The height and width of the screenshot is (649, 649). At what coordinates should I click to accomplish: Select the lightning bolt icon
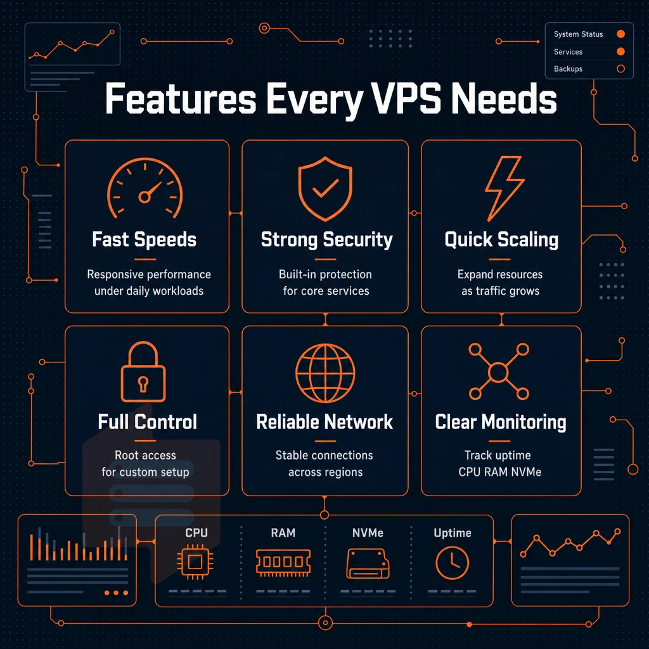click(x=504, y=188)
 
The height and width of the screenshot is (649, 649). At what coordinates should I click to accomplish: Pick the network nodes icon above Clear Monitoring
click(x=499, y=371)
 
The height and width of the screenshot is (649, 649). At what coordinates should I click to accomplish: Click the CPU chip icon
click(x=195, y=562)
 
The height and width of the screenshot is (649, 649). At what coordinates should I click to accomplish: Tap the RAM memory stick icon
click(x=283, y=563)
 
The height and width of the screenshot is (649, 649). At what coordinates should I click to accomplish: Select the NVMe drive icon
click(x=368, y=563)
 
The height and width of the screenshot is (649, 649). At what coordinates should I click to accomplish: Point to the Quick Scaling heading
click(x=501, y=240)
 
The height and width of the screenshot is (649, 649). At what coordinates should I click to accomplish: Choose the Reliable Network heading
click(x=324, y=421)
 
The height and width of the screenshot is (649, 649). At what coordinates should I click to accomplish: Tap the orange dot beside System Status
click(x=620, y=34)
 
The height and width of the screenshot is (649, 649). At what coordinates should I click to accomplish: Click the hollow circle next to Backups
click(x=620, y=68)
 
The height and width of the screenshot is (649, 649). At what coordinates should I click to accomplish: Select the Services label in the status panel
click(x=568, y=52)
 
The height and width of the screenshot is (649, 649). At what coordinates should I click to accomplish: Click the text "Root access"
click(x=145, y=455)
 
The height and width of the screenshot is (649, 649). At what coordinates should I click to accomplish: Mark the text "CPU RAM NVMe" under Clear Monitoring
click(x=499, y=472)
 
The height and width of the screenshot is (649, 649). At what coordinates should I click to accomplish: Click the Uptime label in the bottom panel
click(x=453, y=532)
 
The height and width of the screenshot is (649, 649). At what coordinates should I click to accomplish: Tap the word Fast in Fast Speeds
click(x=110, y=240)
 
